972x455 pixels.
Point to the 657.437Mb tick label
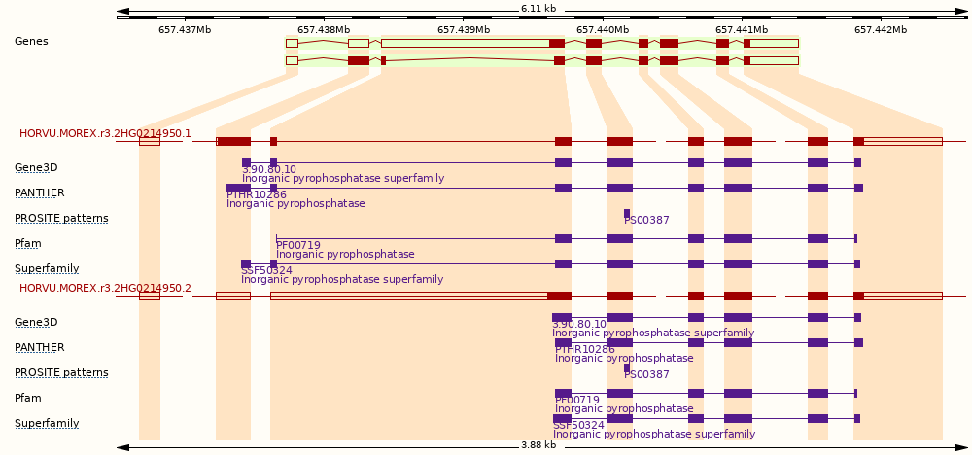click(x=185, y=29)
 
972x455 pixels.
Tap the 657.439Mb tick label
click(x=464, y=29)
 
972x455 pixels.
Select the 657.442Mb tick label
click(x=881, y=29)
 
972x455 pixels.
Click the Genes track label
click(x=31, y=41)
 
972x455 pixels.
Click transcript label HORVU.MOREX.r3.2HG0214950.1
click(x=105, y=133)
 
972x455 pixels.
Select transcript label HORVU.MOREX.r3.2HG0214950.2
click(x=105, y=288)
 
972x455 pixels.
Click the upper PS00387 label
click(x=646, y=220)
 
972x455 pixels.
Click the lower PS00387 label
click(x=646, y=374)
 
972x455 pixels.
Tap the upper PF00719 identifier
click(x=298, y=245)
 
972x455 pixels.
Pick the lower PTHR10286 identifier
click(x=584, y=350)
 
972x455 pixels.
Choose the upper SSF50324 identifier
click(x=266, y=271)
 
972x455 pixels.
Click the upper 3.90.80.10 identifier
click(x=269, y=170)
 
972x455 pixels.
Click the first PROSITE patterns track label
click(x=61, y=218)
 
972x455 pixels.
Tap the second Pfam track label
click(x=28, y=398)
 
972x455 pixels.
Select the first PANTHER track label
click(x=40, y=192)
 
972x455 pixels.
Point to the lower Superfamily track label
click(x=47, y=423)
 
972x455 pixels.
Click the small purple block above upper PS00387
click(x=627, y=213)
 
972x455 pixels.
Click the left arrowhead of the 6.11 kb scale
click(x=122, y=11)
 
